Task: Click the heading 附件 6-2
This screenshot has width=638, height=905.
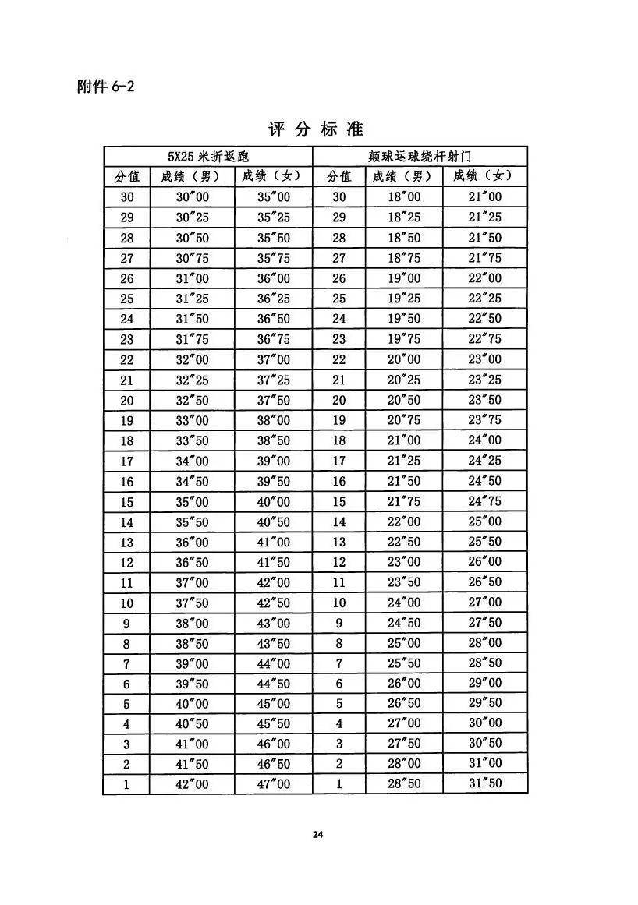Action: pyautogui.click(x=105, y=86)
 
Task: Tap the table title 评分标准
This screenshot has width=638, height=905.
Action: pyautogui.click(x=316, y=129)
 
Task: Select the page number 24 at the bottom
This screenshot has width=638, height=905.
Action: pyautogui.click(x=317, y=834)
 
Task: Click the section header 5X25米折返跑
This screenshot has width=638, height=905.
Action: pyautogui.click(x=208, y=157)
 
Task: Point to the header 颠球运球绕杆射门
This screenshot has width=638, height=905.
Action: pyautogui.click(x=420, y=157)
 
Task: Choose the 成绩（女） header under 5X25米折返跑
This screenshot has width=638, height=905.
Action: pyautogui.click(x=273, y=177)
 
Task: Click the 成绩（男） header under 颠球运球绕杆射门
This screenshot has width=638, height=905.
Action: pyautogui.click(x=404, y=177)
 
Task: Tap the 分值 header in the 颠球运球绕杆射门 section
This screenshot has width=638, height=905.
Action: pyautogui.click(x=338, y=177)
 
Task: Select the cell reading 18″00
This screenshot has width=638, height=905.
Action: pyautogui.click(x=404, y=197)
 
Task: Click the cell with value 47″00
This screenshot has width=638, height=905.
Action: pyautogui.click(x=273, y=783)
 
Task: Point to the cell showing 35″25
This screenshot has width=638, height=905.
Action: pyautogui.click(x=273, y=217)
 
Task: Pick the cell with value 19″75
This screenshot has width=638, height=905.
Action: pyautogui.click(x=404, y=339)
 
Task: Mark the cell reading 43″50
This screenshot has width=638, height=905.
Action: pyautogui.click(x=273, y=643)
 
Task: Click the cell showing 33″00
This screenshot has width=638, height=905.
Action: pyautogui.click(x=193, y=420)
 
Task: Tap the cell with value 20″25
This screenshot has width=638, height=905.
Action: pyautogui.click(x=404, y=380)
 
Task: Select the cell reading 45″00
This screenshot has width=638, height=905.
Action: pyautogui.click(x=273, y=704)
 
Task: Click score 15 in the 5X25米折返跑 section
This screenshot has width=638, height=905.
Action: pyautogui.click(x=127, y=501)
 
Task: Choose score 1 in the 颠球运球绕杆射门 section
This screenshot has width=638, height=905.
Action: pyautogui.click(x=338, y=783)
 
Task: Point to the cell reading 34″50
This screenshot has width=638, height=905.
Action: pyautogui.click(x=193, y=481)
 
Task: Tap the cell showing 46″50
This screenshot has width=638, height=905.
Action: pyautogui.click(x=273, y=763)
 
